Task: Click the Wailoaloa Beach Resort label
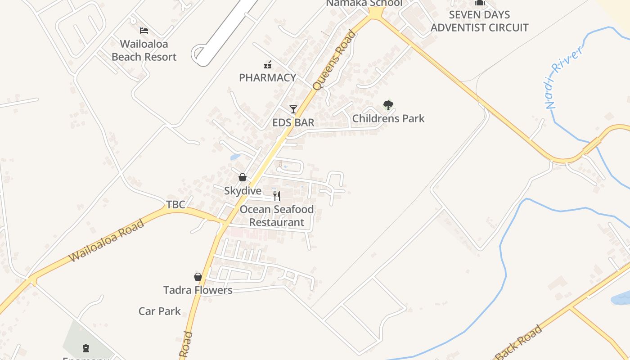144,50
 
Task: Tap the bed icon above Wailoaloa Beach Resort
144,31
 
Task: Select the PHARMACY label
267,77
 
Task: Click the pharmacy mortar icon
268,65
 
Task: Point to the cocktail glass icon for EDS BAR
293,109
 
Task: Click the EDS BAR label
293,122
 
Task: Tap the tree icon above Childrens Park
388,105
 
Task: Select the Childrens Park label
388,119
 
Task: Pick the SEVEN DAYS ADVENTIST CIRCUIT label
479,21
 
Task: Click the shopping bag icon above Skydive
243,177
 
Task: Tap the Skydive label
243,191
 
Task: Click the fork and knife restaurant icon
277,196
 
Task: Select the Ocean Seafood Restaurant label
277,216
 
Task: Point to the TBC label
175,205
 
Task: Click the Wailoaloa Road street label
107,240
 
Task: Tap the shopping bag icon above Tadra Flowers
198,277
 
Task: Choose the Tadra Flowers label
198,290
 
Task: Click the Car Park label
159,311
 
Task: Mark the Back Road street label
519,343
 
